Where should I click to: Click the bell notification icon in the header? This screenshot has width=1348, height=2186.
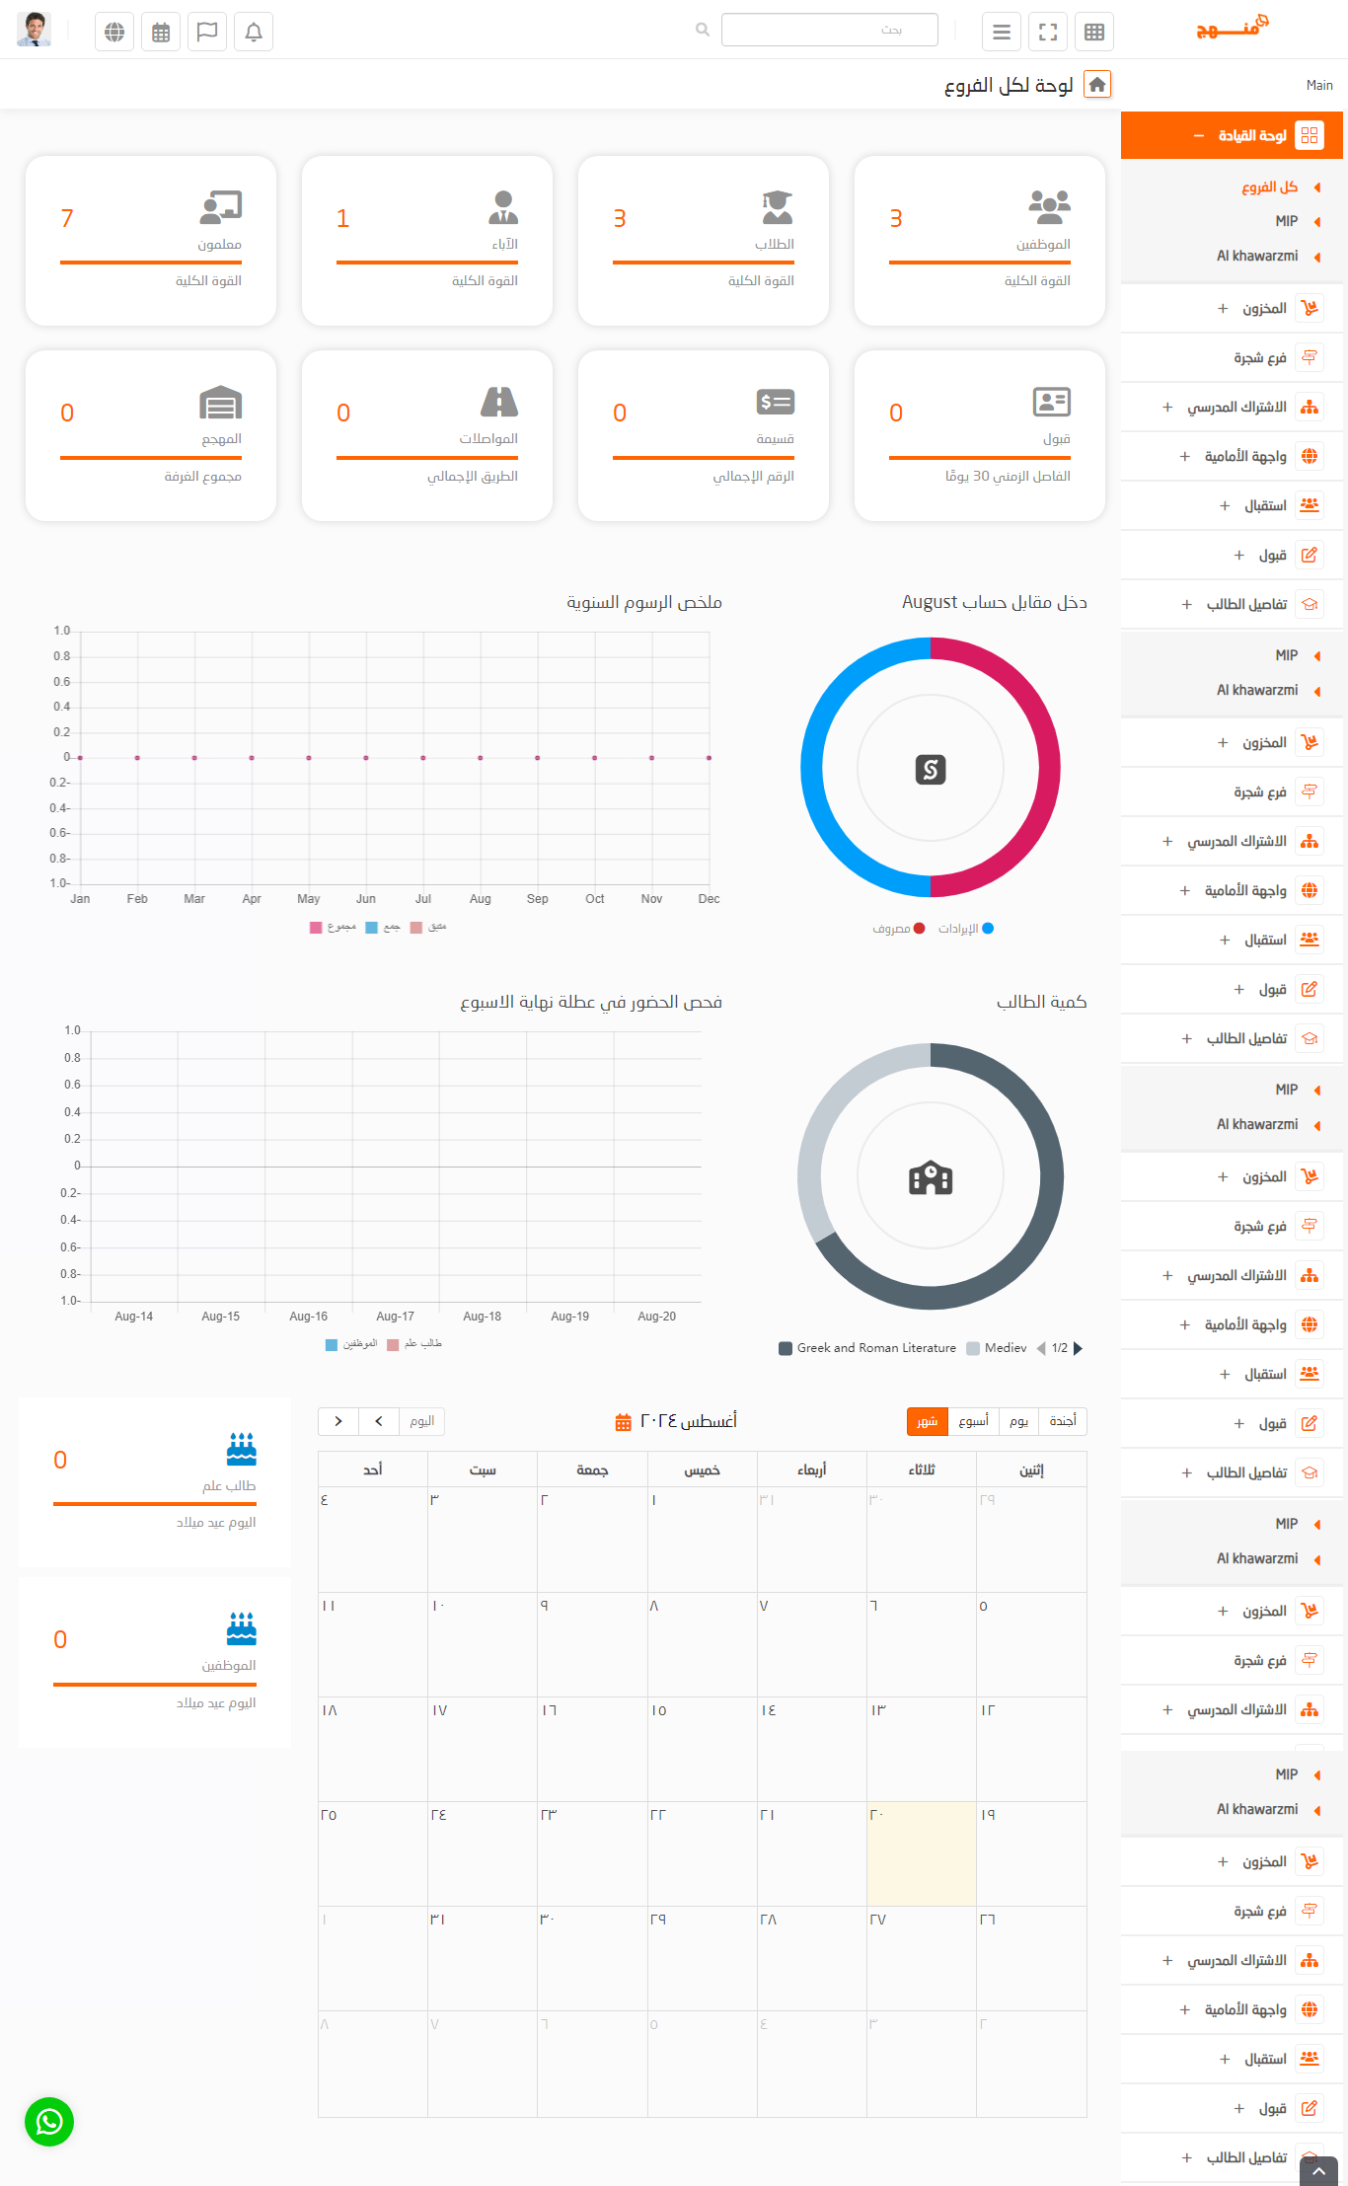point(254,32)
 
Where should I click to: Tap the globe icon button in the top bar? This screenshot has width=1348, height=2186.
point(114,32)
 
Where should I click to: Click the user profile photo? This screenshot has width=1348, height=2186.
point(34,30)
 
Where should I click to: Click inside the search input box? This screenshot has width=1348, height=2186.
point(829,30)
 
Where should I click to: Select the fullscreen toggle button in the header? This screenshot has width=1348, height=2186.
point(1048,32)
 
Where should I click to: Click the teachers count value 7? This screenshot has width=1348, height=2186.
point(67,218)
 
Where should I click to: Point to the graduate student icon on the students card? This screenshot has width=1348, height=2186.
point(777,206)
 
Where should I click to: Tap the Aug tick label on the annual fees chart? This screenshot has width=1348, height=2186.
point(481,899)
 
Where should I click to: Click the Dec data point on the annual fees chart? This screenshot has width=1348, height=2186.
point(709,758)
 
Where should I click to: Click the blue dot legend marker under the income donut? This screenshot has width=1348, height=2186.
point(988,929)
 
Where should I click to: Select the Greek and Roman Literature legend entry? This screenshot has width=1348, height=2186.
point(867,1348)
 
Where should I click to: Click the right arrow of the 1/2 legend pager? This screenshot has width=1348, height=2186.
point(1078,1348)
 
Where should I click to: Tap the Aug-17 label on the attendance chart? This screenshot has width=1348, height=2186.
point(395,1317)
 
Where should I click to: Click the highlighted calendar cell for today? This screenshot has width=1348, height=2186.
point(922,1853)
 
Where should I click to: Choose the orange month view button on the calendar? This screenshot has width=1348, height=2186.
point(927,1421)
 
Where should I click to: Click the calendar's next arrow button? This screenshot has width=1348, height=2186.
point(338,1421)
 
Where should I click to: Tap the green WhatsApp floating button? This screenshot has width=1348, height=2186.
point(49,2122)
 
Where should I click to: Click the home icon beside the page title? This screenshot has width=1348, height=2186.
point(1097,85)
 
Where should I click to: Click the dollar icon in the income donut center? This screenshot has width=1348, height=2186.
point(931,769)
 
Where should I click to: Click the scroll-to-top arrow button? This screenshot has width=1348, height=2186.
point(1318,2172)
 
